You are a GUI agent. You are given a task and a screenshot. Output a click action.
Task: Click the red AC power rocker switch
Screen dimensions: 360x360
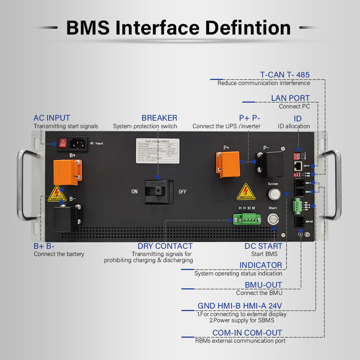pyautogui.click(x=63, y=143)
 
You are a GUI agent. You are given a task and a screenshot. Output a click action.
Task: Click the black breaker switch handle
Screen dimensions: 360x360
pyautogui.click(x=158, y=191)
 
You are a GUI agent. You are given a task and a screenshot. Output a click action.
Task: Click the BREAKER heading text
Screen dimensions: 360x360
pyautogui.click(x=159, y=118)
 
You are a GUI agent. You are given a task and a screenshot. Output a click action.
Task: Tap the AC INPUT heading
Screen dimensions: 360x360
pyautogui.click(x=52, y=118)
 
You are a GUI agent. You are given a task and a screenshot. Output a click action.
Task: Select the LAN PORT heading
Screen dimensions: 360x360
pyautogui.click(x=290, y=98)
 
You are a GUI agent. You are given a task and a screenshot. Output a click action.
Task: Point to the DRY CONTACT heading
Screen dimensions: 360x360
pyautogui.click(x=165, y=246)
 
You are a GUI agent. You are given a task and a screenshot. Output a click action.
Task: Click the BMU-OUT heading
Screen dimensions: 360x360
pyautogui.click(x=263, y=285)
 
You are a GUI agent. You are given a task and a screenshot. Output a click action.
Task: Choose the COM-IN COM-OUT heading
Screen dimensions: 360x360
pyautogui.click(x=247, y=333)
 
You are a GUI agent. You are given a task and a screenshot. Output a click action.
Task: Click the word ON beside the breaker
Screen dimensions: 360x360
pyautogui.click(x=134, y=191)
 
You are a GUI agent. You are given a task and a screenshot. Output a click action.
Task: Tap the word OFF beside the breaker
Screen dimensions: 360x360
pyautogui.click(x=182, y=191)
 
